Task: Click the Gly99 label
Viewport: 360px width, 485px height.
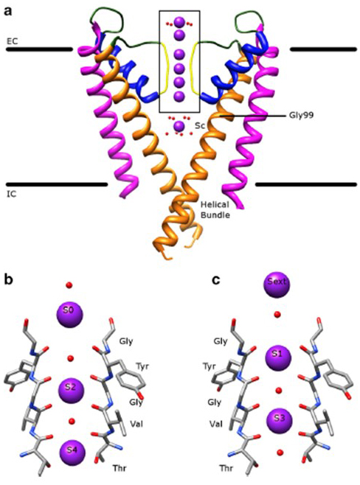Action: coord(301,116)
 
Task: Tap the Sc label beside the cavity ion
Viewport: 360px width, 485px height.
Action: coord(199,125)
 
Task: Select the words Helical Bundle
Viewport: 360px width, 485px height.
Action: coord(215,210)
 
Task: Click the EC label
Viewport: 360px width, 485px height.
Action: coord(12,41)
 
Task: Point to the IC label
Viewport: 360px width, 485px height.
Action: coord(12,195)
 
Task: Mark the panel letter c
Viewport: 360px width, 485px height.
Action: coord(216,279)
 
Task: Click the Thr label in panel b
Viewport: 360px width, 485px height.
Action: coord(120,468)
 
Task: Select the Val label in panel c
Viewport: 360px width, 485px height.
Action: coord(215,423)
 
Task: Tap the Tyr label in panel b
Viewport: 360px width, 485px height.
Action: coord(142,367)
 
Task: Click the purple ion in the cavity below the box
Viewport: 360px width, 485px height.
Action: coord(179,126)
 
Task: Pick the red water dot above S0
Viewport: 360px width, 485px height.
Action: coord(69,285)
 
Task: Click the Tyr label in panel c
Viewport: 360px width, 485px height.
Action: coord(210,367)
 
